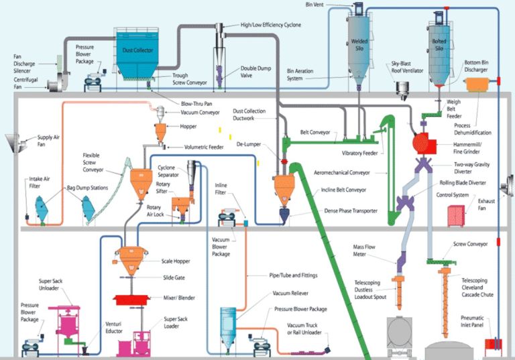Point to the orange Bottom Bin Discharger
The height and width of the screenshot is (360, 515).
point(478,84)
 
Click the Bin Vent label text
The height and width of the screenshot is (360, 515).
point(314,5)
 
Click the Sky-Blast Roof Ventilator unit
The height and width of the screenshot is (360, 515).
point(404,88)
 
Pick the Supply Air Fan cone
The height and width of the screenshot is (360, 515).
point(12,142)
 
